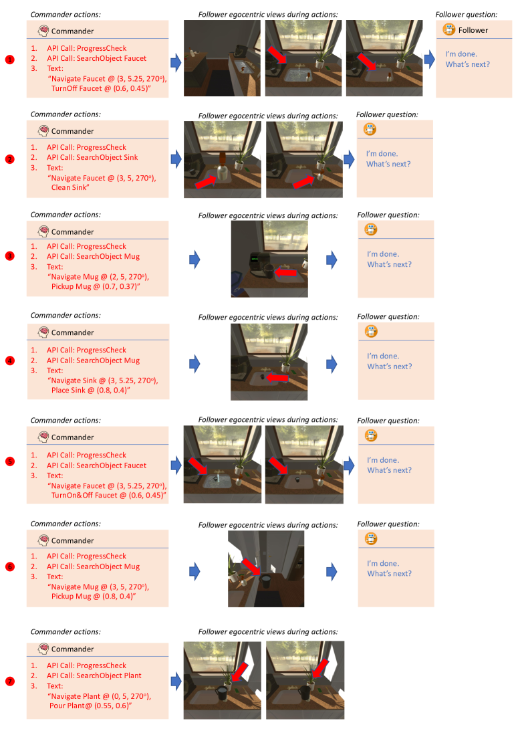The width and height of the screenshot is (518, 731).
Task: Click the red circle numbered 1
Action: point(10,60)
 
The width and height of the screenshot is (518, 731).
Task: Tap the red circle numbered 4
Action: point(10,361)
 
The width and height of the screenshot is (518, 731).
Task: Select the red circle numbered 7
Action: point(10,682)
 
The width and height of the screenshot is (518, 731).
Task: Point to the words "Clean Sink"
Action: point(69,187)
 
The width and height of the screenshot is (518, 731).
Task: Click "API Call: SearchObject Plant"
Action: point(94,675)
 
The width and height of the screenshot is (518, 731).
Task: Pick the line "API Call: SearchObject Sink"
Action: point(92,158)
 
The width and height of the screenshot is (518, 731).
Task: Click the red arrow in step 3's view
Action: point(286,272)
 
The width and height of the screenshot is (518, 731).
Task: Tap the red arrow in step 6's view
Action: point(251,567)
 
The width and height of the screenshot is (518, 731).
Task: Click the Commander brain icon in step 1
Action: point(44,31)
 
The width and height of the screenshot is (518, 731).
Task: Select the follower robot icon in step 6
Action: point(371,539)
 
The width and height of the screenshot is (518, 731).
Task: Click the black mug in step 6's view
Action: point(266,581)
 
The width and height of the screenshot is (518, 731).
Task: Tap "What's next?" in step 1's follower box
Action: point(468,64)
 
